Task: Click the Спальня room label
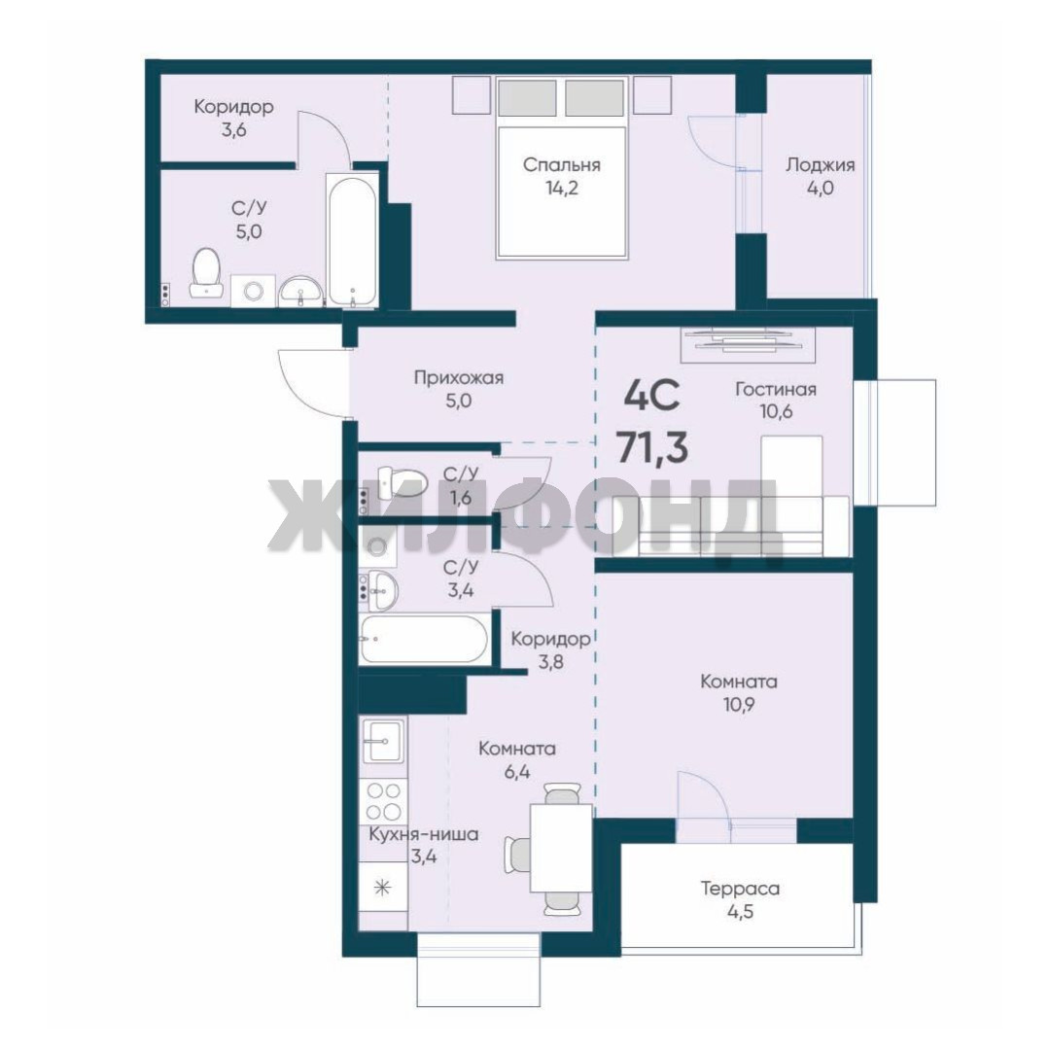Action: pos(561,165)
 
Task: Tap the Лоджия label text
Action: pos(820,164)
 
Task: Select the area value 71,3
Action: pos(652,446)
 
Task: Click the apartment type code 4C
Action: pos(651,395)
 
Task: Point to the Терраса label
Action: pos(740,889)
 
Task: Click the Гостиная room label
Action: pos(776,389)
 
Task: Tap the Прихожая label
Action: pos(459,378)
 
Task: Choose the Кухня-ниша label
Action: pos(424,835)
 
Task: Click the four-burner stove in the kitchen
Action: pos(383,801)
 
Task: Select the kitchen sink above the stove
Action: pos(383,741)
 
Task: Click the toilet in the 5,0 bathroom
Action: pos(205,274)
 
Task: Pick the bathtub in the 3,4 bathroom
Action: pos(424,640)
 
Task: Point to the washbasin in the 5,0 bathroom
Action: pos(300,292)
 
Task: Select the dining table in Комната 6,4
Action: pos(561,849)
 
